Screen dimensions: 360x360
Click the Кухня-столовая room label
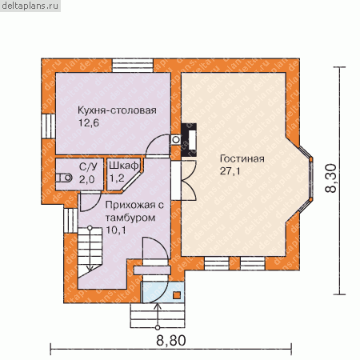[117, 110]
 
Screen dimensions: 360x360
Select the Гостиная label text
[242, 158]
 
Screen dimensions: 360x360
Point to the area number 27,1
[230, 171]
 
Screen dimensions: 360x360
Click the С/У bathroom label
[88, 166]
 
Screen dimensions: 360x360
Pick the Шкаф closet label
[124, 166]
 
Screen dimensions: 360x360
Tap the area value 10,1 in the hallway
[116, 230]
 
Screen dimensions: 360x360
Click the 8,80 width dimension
[171, 341]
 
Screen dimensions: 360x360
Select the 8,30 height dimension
[331, 178]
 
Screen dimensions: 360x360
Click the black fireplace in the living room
[189, 140]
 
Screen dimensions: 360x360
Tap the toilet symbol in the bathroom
[64, 178]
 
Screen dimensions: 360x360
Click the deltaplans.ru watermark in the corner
[30, 6]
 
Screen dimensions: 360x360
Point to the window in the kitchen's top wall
[133, 66]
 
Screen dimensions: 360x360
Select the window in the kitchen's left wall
[48, 126]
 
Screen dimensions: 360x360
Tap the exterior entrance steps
[158, 315]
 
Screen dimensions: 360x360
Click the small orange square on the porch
[177, 295]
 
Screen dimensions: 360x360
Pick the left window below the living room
[217, 263]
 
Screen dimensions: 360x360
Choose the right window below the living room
[253, 263]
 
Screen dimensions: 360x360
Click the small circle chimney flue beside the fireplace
[176, 139]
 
